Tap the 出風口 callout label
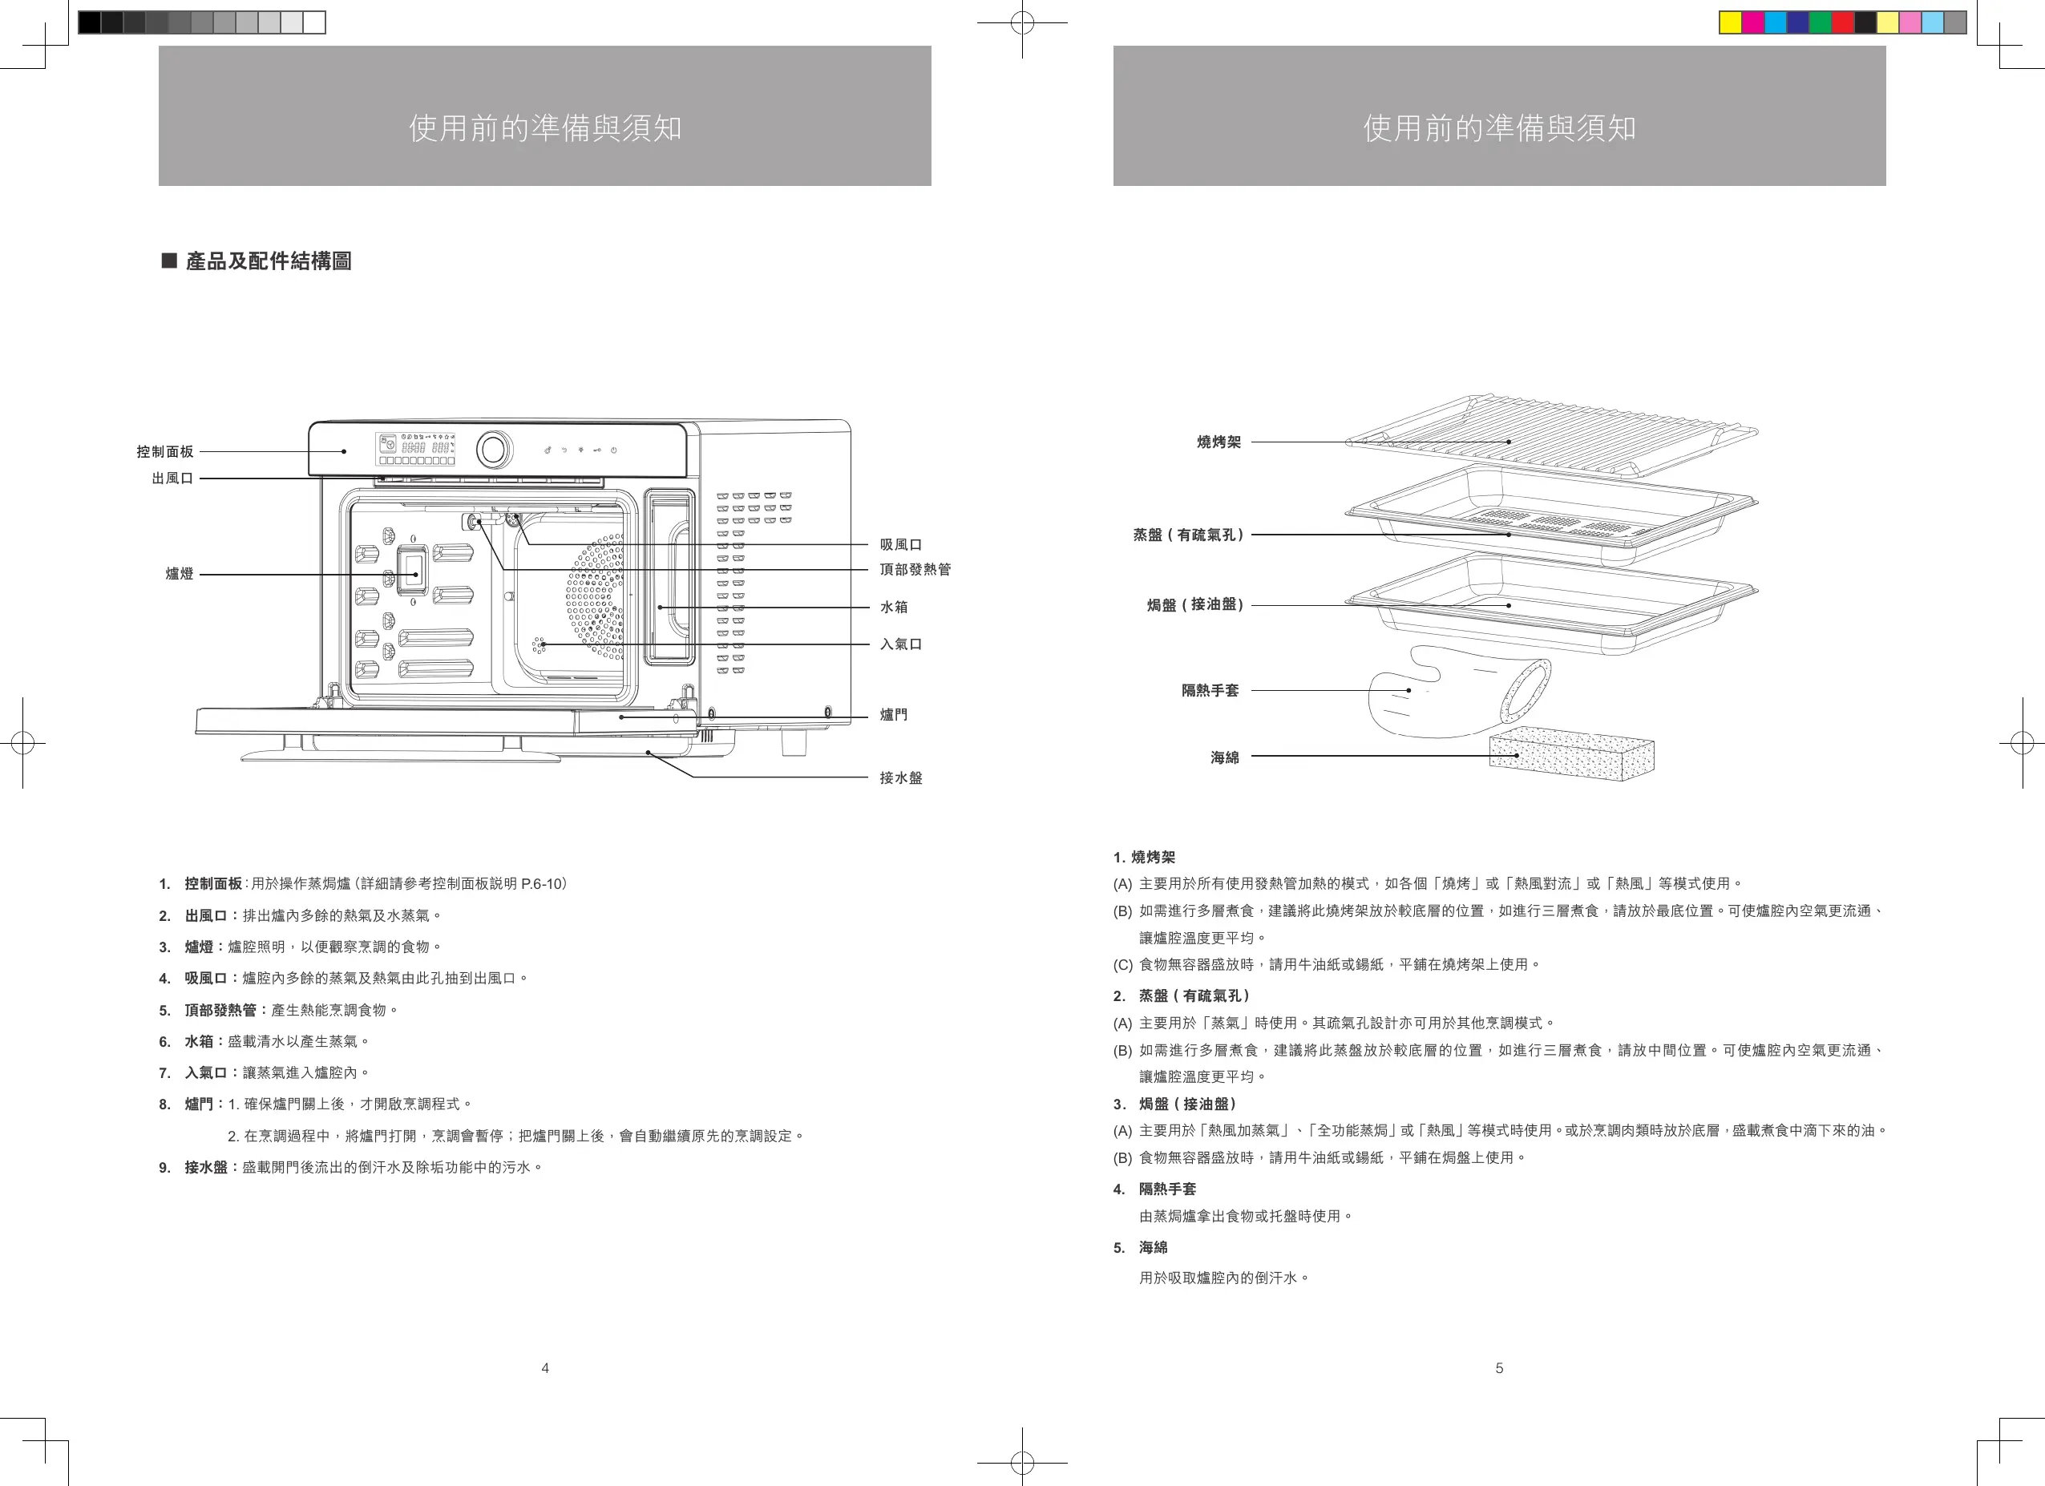click(x=172, y=479)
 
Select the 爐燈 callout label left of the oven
click(x=180, y=575)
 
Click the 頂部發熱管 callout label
click(x=915, y=570)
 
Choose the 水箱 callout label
click(x=894, y=608)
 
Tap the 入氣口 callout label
click(x=901, y=644)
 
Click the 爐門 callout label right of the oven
click(x=894, y=715)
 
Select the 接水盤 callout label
click(x=901, y=778)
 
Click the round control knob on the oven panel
click(x=494, y=448)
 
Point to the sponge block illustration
click(x=1570, y=755)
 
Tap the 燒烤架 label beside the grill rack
click(x=1219, y=442)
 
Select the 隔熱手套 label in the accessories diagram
click(x=1210, y=691)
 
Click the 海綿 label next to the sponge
click(x=1224, y=758)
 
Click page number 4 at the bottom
click(x=544, y=1368)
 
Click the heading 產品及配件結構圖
click(x=268, y=261)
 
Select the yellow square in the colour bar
click(x=1729, y=22)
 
